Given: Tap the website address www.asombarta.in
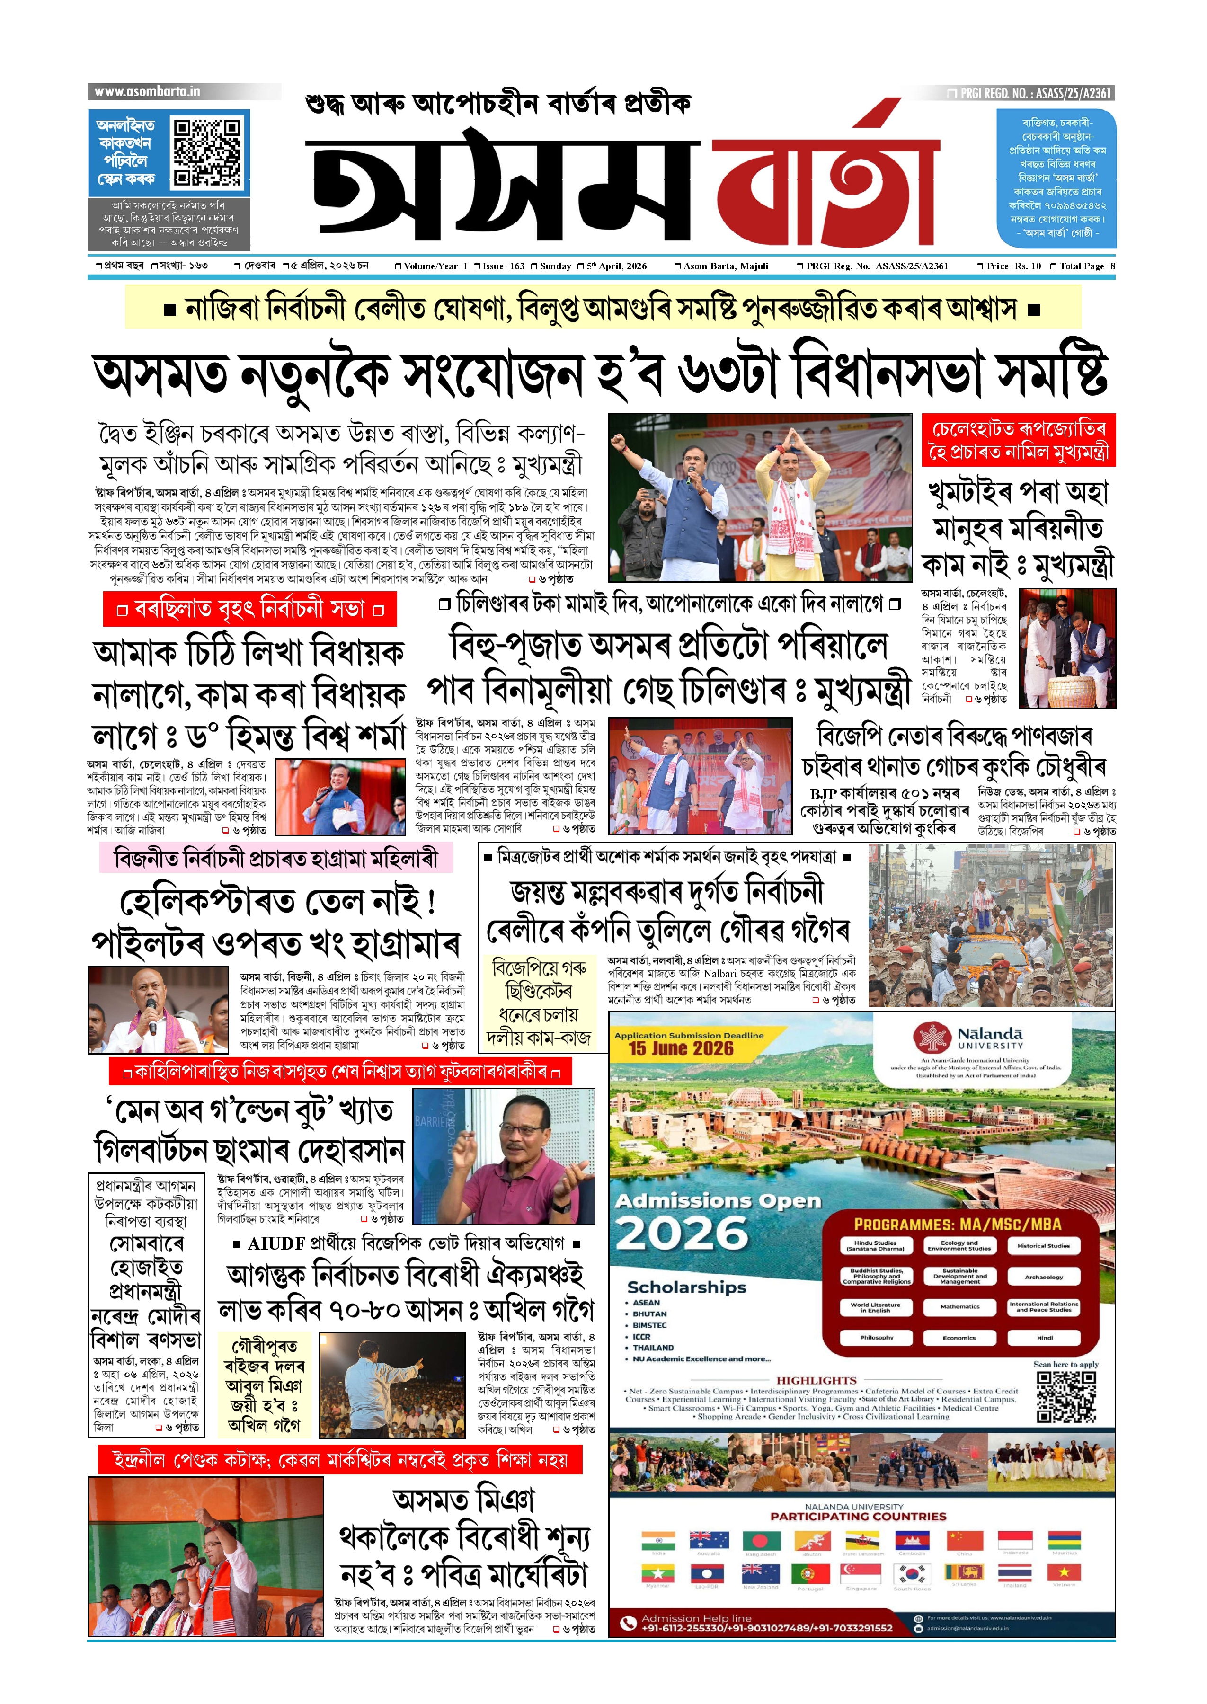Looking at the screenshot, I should click(x=147, y=91).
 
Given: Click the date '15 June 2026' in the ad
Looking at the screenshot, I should click(x=681, y=1048).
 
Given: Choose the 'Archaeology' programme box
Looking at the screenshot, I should click(x=1044, y=1277).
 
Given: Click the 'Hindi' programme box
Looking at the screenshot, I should click(x=1044, y=1338).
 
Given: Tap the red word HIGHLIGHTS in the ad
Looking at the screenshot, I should click(x=816, y=1380).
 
